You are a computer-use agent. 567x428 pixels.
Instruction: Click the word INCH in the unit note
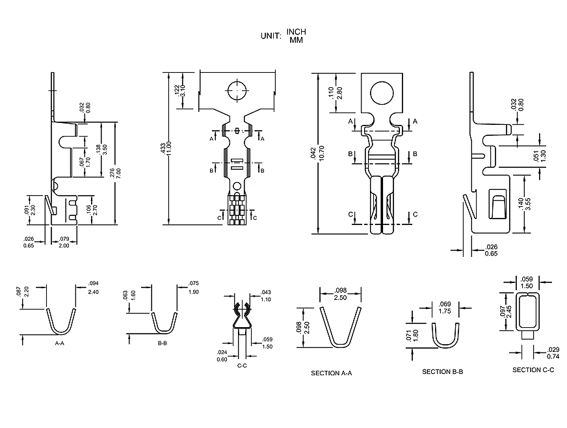pos(296,32)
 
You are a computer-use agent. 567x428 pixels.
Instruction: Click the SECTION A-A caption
pos(331,373)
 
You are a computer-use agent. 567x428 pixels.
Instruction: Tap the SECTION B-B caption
pos(443,371)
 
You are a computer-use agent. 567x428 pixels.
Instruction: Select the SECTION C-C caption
pos(533,369)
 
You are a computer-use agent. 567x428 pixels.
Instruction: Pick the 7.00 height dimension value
pos(118,174)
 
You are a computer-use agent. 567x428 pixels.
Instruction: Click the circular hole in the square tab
pos(386,92)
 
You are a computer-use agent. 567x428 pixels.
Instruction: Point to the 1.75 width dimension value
pos(445,311)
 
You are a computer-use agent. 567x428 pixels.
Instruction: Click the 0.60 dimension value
pos(222,359)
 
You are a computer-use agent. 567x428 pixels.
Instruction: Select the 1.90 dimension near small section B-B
pos(194,292)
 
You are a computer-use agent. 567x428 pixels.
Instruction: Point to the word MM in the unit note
pos(296,40)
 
